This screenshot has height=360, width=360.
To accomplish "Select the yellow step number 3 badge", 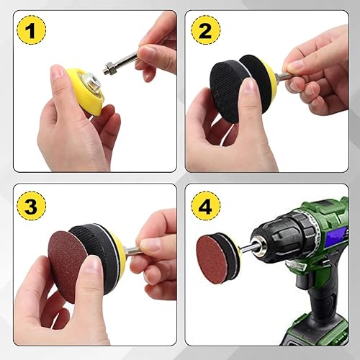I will (x=31, y=206).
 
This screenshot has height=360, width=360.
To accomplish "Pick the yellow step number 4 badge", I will (x=205, y=206).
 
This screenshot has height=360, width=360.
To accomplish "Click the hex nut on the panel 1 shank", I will (x=109, y=68).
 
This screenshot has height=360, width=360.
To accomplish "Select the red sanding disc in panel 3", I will (x=68, y=259).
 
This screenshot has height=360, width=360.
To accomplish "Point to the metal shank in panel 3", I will (x=132, y=251).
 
